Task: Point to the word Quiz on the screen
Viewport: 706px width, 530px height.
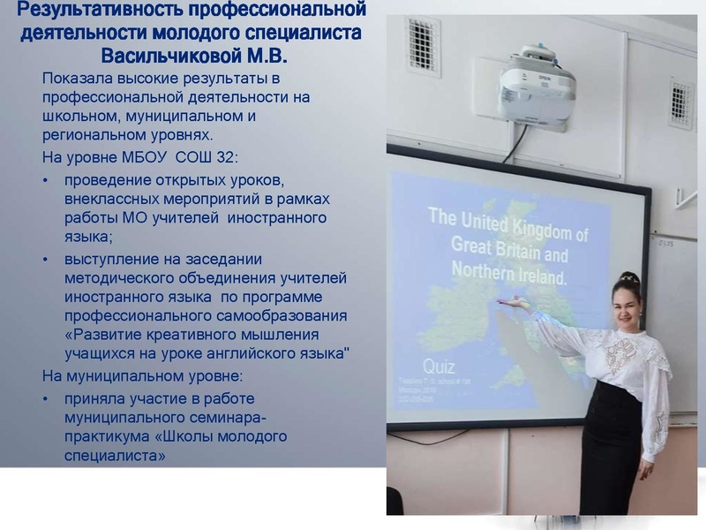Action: pyautogui.click(x=439, y=366)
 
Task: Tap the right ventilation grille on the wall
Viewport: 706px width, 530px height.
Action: pyautogui.click(x=680, y=103)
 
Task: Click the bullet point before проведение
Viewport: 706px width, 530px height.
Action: pyautogui.click(x=46, y=181)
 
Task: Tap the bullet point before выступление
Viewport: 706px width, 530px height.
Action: pyautogui.click(x=46, y=259)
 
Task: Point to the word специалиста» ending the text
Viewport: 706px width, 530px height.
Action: pyautogui.click(x=116, y=456)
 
